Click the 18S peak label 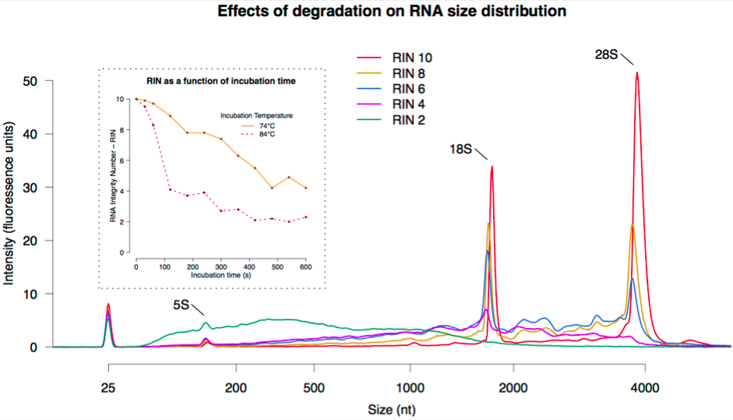coord(460,148)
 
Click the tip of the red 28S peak coord(637,72)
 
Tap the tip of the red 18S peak coord(492,166)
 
